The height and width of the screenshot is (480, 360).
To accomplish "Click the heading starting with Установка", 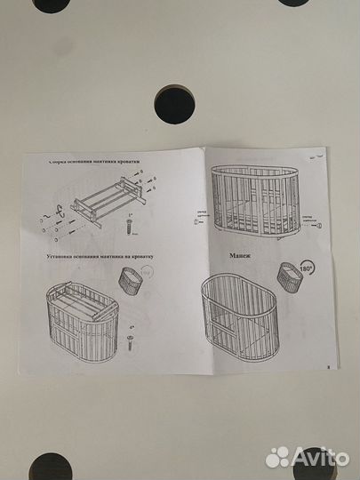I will tap(100, 255).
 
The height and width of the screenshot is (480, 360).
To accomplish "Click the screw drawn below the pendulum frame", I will tap(132, 228).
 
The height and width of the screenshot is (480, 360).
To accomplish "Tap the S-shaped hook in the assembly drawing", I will tap(60, 211).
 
